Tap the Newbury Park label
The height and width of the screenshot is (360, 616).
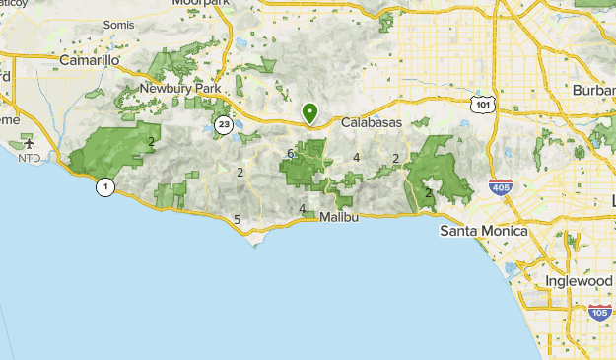[x=177, y=88]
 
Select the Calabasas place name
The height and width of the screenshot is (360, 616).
[x=372, y=123]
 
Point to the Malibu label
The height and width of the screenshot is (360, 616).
[x=338, y=215]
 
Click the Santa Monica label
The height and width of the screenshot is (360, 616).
[x=483, y=231]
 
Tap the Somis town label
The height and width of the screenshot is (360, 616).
[x=117, y=23]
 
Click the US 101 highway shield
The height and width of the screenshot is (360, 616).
[x=481, y=104]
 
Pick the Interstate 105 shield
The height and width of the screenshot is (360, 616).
[x=599, y=312]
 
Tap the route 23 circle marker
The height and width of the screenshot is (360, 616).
[x=225, y=124]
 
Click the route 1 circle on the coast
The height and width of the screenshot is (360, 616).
[x=103, y=186]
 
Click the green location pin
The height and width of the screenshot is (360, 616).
[x=309, y=113]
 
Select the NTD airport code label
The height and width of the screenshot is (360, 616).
[x=30, y=158]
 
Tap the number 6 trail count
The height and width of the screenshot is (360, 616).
[x=290, y=153]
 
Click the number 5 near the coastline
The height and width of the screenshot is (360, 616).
[x=237, y=219]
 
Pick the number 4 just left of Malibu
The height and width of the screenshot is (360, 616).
[x=302, y=208]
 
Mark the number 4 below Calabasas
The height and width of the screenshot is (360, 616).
[x=356, y=157]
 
